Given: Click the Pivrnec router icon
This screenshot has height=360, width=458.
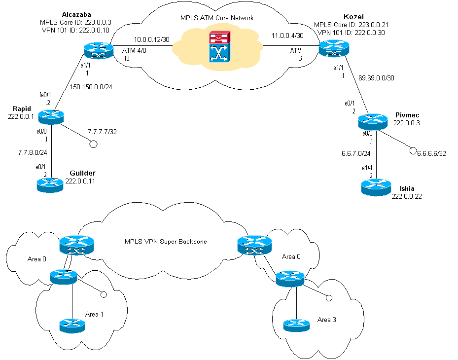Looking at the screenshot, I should [x=374, y=120].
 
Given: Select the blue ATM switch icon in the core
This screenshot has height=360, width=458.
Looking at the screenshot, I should [x=218, y=55].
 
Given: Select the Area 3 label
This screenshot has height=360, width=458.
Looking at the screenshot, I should [x=327, y=320].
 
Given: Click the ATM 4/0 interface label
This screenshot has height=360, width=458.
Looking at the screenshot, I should [x=133, y=49].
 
